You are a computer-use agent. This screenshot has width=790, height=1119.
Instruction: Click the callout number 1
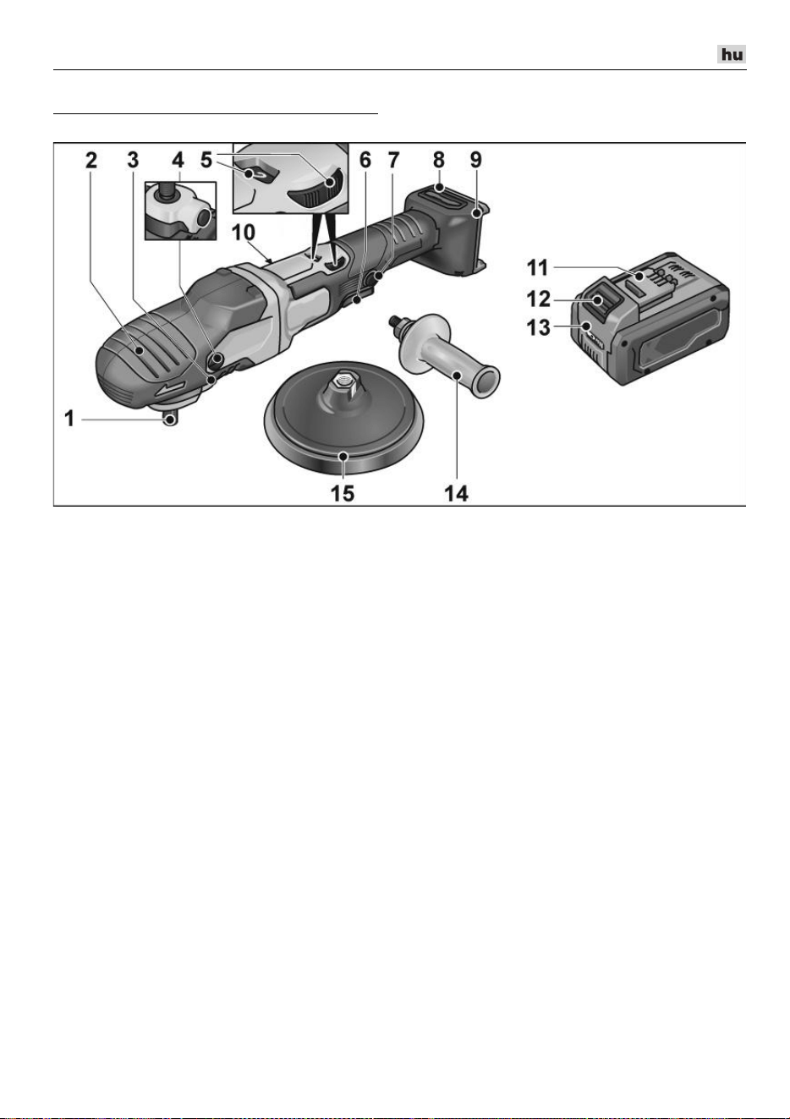pos(69,419)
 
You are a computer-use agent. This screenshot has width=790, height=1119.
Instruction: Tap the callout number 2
pos(91,160)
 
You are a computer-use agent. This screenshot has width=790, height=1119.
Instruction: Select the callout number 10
pos(244,233)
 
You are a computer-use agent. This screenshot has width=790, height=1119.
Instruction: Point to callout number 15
pos(343,494)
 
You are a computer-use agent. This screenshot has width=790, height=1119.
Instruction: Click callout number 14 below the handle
pos(456,494)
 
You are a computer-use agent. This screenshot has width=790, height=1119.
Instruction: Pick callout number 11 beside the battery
pos(538,268)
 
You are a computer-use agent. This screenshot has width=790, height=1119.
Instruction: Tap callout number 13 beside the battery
pos(538,327)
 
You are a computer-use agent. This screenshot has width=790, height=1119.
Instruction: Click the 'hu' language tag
pos(732,54)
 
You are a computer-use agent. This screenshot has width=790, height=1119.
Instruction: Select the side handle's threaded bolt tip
pos(394,322)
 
